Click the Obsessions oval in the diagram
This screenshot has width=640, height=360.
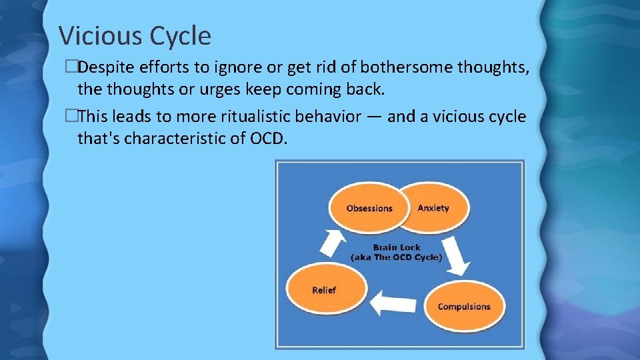(x=368, y=207)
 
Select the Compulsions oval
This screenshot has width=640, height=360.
(x=463, y=307)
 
